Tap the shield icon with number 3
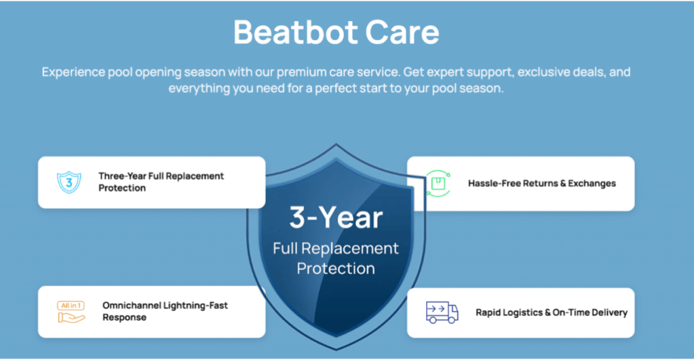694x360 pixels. (x=69, y=182)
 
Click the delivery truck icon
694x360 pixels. (x=442, y=312)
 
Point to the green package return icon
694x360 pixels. (x=438, y=183)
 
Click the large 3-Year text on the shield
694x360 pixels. (x=336, y=218)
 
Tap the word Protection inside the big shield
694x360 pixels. (x=336, y=268)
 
